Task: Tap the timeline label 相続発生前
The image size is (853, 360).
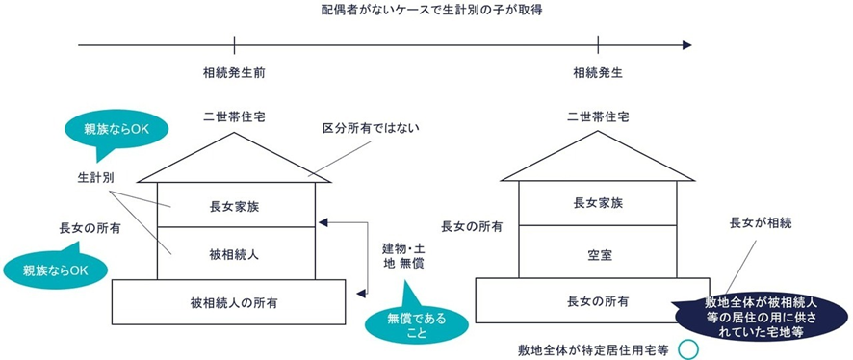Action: [234, 72]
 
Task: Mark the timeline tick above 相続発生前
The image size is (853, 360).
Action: [235, 44]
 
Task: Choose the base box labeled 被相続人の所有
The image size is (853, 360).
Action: [229, 301]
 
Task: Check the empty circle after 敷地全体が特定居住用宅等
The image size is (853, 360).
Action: [687, 349]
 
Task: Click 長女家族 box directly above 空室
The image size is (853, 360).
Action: [598, 203]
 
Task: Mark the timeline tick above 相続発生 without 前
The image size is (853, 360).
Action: [598, 44]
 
